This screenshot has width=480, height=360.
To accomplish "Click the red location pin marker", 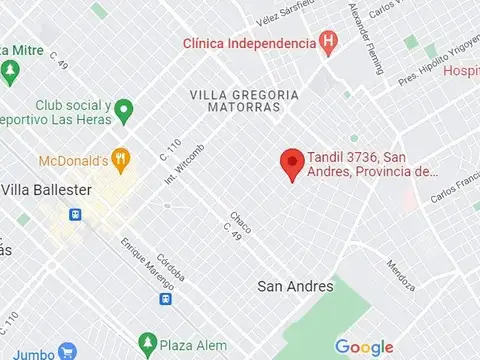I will pyautogui.click(x=291, y=163).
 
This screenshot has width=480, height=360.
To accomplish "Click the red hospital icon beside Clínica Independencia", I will pyautogui.click(x=325, y=42).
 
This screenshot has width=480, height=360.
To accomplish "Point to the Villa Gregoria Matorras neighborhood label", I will pyautogui.click(x=243, y=101).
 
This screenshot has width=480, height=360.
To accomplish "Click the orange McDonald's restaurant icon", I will pyautogui.click(x=122, y=159).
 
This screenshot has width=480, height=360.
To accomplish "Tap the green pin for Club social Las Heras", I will pyautogui.click(x=123, y=109).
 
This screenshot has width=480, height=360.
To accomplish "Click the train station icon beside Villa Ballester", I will pyautogui.click(x=74, y=214).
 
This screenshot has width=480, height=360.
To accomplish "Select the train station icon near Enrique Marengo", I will pyautogui.click(x=164, y=297).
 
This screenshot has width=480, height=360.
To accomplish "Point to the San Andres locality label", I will pyautogui.click(x=295, y=286).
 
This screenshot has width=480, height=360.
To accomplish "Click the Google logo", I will pyautogui.click(x=363, y=346).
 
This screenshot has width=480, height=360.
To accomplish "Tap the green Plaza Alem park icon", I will pyautogui.click(x=148, y=344).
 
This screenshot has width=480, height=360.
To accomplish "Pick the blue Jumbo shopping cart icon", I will pyautogui.click(x=67, y=352).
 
